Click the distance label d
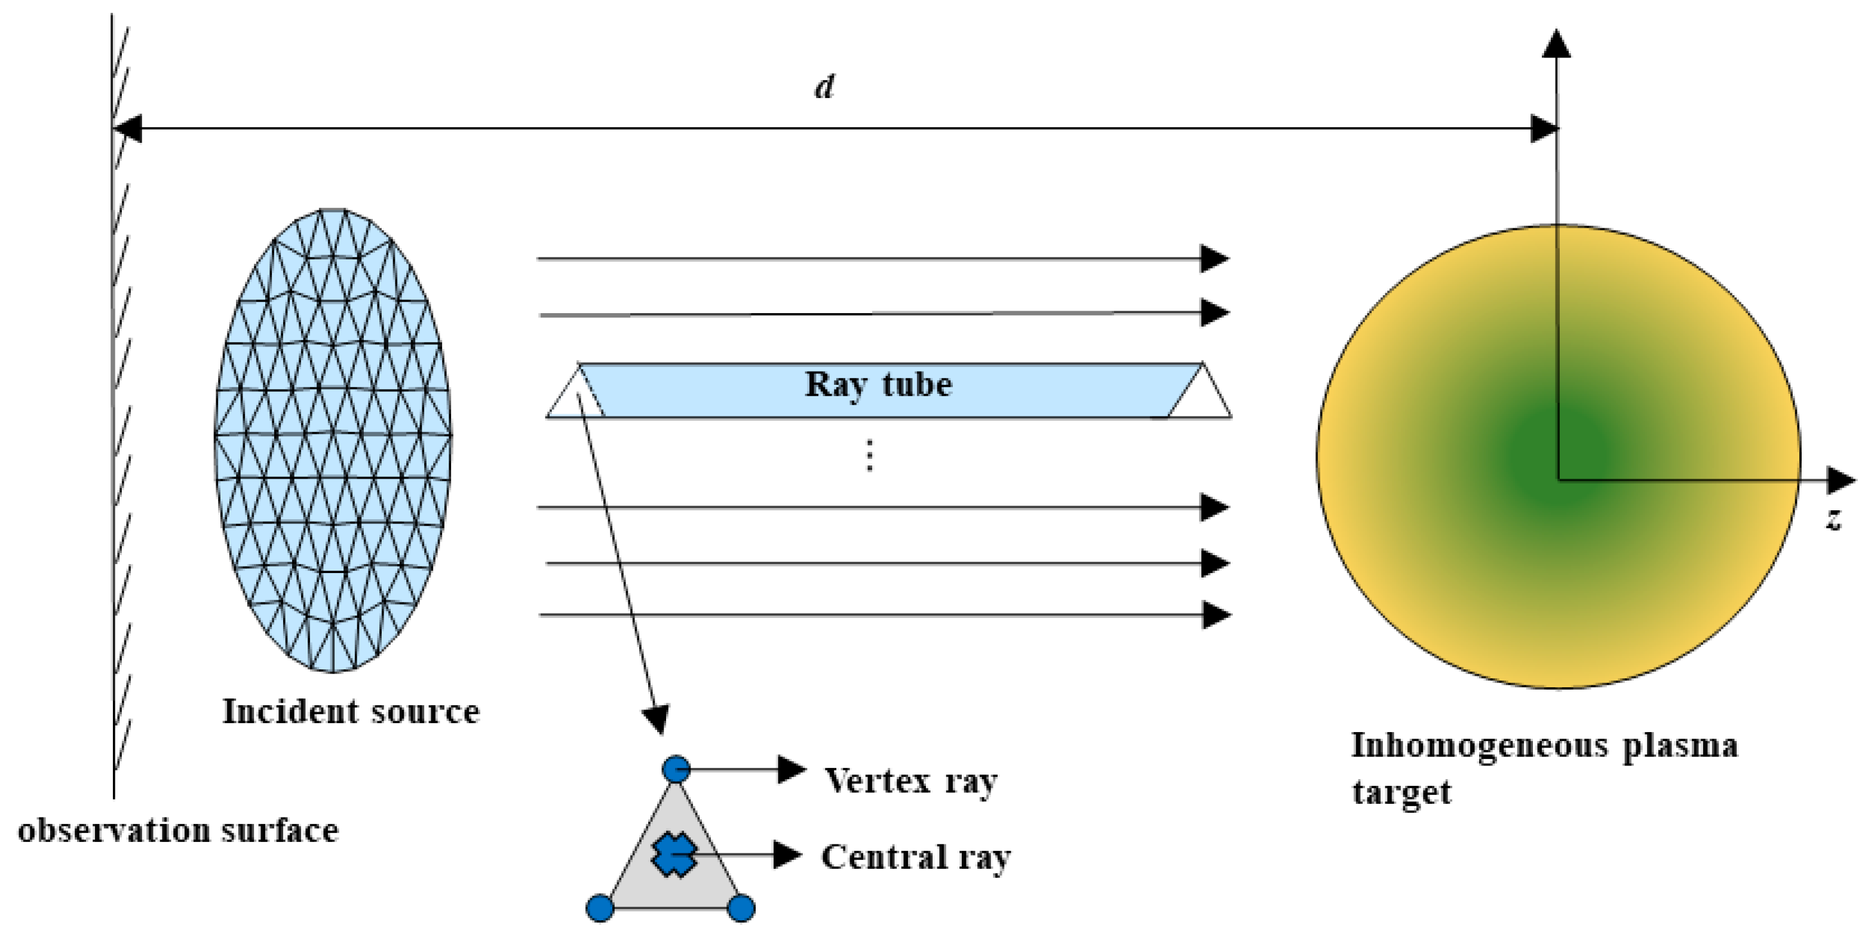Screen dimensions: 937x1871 [824, 87]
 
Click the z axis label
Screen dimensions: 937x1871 [1834, 519]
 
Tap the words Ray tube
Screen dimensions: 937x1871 [878, 385]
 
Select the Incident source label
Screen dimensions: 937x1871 [351, 712]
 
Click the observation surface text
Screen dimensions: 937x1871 [178, 830]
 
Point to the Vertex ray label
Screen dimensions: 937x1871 [911, 782]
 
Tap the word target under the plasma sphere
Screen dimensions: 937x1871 [1401, 792]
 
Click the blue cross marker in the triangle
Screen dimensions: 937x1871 [673, 855]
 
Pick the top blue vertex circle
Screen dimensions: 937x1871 [676, 768]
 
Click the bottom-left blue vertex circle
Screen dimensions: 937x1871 [600, 908]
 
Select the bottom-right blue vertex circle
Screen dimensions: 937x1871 [741, 908]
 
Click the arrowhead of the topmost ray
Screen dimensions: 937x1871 [1214, 259]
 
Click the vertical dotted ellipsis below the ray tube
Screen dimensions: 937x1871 [869, 455]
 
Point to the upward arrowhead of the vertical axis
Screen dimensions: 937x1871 [1557, 43]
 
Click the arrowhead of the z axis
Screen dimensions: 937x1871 [1841, 479]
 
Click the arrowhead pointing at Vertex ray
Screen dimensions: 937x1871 [791, 769]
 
